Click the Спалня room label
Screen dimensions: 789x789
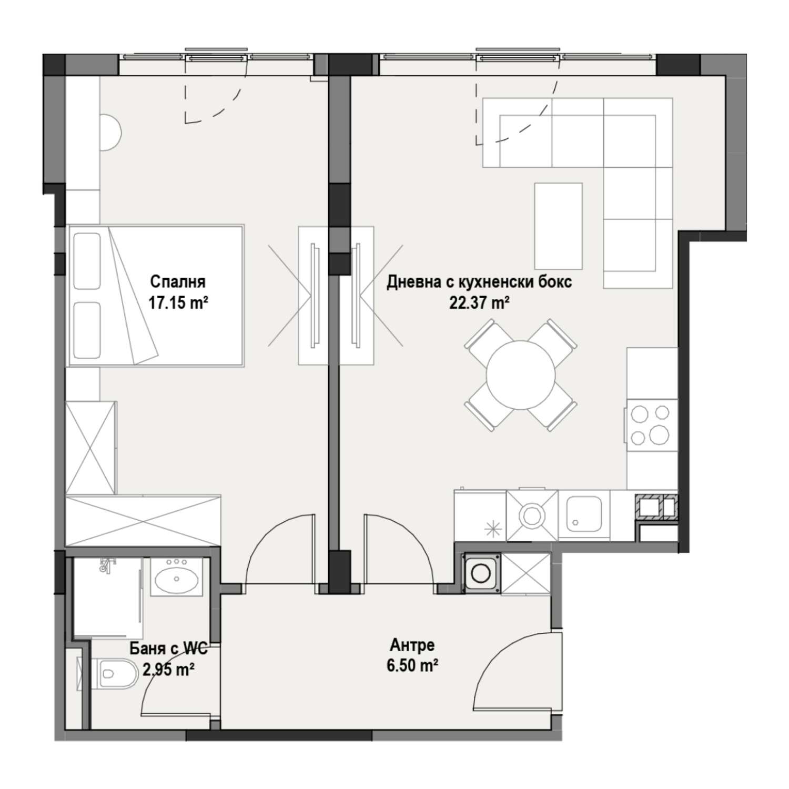(x=177, y=282)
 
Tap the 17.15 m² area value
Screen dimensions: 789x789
(x=177, y=304)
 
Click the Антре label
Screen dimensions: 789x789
(x=412, y=645)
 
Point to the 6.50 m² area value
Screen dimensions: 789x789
(x=412, y=666)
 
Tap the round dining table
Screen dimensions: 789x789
(x=521, y=375)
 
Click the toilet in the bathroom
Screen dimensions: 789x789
(x=112, y=673)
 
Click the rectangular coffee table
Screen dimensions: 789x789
(x=558, y=226)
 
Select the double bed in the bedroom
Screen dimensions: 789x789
(x=155, y=296)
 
